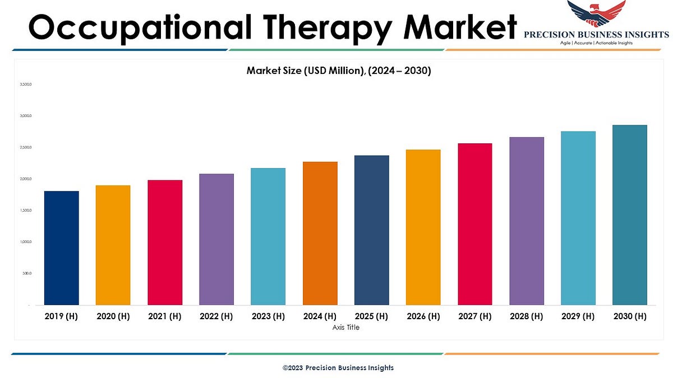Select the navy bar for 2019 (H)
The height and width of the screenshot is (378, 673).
click(61, 248)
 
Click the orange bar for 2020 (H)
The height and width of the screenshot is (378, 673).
click(113, 245)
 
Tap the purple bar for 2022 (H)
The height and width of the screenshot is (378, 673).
click(216, 240)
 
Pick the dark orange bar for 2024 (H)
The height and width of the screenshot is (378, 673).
click(320, 234)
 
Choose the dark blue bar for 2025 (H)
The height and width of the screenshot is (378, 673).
click(371, 230)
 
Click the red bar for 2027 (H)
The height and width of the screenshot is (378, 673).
click(474, 224)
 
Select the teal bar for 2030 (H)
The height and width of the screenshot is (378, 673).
click(630, 215)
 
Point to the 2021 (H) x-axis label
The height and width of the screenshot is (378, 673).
click(165, 316)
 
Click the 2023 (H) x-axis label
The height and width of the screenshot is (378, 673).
click(268, 316)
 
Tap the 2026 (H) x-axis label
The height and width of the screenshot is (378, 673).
click(423, 316)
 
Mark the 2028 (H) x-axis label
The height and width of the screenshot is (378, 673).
click(527, 316)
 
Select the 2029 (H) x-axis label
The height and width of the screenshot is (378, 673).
click(578, 316)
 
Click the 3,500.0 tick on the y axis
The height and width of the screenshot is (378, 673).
click(26, 85)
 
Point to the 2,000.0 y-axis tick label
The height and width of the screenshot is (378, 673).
click(26, 179)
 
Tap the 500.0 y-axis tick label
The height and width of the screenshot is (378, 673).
click(27, 274)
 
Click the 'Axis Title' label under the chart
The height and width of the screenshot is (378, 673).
click(345, 328)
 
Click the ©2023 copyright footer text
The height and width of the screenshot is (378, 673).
click(338, 368)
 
